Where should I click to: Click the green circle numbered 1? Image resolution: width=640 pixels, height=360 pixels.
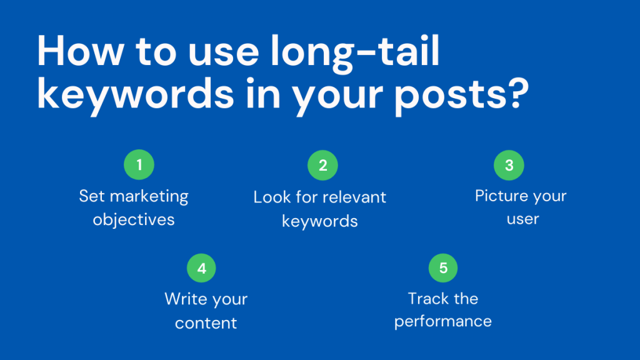tap(139, 165)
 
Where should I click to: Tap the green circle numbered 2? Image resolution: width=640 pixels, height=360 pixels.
tap(322, 165)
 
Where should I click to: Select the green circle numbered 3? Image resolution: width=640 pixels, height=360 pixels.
tap(509, 165)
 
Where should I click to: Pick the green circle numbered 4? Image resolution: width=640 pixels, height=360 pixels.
tap(201, 268)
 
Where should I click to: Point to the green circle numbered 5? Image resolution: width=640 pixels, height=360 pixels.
tap(443, 268)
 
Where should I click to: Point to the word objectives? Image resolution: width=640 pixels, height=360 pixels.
tap(134, 220)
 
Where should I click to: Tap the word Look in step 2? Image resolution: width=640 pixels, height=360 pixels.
tap(270, 197)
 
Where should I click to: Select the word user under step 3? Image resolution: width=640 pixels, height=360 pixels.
tap(522, 220)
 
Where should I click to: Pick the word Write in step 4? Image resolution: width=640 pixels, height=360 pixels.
tap(186, 299)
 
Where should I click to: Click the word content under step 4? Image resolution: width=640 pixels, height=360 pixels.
tap(206, 323)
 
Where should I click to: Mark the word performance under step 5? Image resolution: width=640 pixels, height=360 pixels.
tap(443, 322)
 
